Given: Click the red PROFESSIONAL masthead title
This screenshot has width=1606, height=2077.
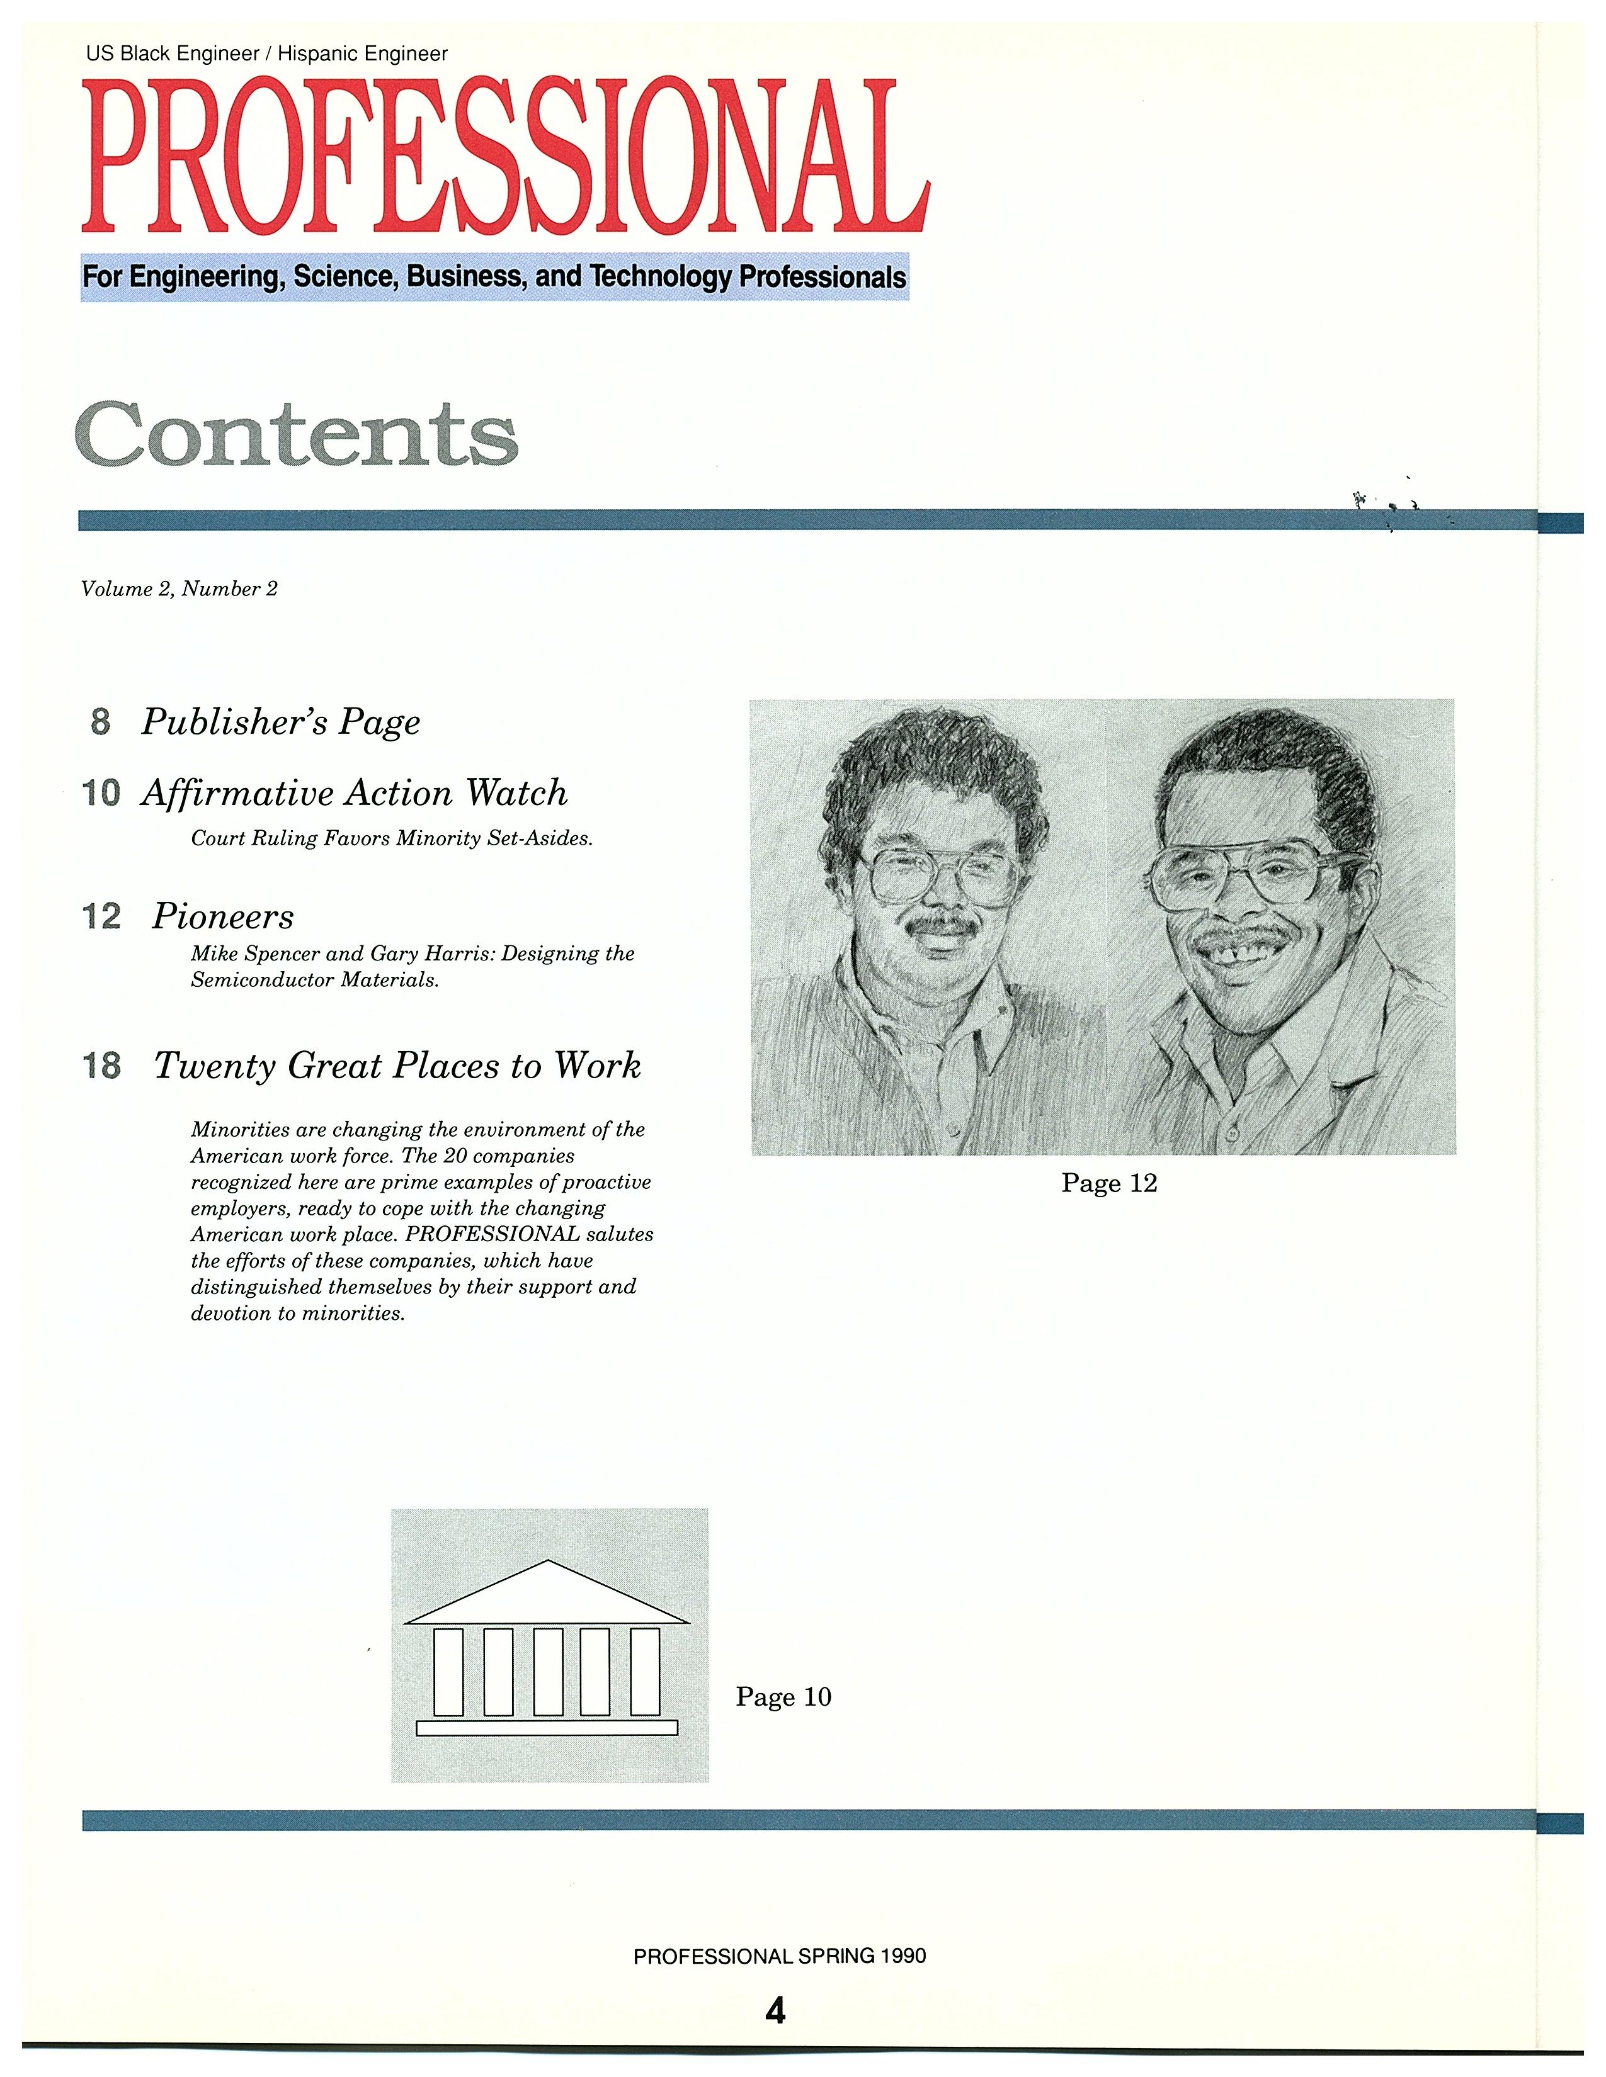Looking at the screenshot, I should (504, 157).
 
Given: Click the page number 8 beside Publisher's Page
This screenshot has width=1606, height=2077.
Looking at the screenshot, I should (101, 722).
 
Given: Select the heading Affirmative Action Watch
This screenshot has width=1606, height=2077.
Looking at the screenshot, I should (354, 793).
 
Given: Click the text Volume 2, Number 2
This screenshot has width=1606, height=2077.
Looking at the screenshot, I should (179, 588).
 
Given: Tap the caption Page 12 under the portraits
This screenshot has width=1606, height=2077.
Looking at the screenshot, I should (1108, 1183).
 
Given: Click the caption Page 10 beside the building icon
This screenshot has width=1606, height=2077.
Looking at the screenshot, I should (783, 1697).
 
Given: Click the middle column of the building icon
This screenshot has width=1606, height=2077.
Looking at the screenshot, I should (547, 1671).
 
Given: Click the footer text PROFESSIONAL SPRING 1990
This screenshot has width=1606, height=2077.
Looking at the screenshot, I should (779, 1956).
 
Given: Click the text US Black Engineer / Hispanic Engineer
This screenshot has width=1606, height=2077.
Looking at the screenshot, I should (266, 54).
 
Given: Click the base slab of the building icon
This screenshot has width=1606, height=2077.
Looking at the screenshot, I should (547, 1728).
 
